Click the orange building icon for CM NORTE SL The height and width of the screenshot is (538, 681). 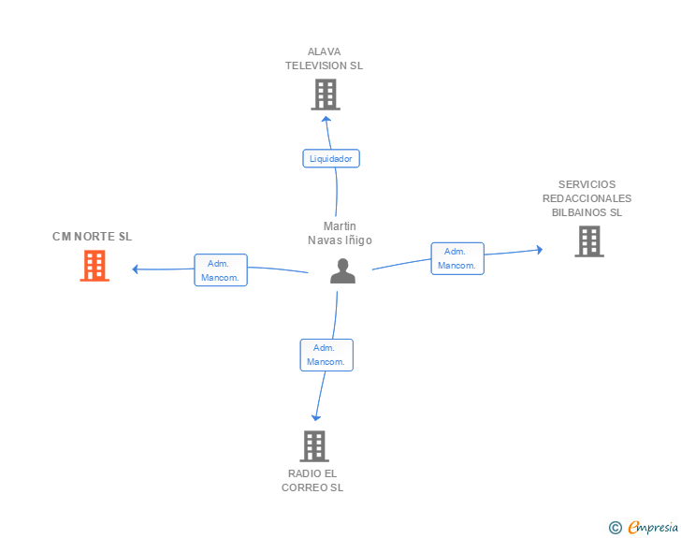tap(94, 266)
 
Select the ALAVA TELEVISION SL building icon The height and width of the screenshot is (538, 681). tap(325, 95)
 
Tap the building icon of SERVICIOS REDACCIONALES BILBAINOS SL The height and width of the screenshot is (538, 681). tap(588, 241)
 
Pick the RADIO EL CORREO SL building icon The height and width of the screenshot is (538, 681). tap(314, 446)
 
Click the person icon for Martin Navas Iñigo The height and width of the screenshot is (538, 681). tap(343, 270)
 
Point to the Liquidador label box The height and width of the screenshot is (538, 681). tap(331, 159)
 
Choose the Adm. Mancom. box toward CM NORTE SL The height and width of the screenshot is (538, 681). tap(221, 270)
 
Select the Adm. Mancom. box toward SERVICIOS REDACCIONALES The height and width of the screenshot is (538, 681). tap(457, 258)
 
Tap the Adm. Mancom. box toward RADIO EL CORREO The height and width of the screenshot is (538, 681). tap(326, 355)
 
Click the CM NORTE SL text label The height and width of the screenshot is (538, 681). tap(93, 237)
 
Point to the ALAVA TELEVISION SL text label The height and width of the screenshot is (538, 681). tap(325, 59)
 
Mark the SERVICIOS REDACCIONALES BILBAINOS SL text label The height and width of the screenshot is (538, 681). tap(587, 198)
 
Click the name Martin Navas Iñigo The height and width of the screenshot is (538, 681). tap(340, 233)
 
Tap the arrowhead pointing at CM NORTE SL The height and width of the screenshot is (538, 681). tap(136, 269)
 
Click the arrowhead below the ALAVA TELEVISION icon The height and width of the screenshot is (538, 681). tap(326, 118)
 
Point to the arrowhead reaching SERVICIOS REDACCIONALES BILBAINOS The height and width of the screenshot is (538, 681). tap(539, 250)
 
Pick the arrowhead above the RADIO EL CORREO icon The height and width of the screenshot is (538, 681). tap(316, 417)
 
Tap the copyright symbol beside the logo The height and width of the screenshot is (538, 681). tap(615, 528)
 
